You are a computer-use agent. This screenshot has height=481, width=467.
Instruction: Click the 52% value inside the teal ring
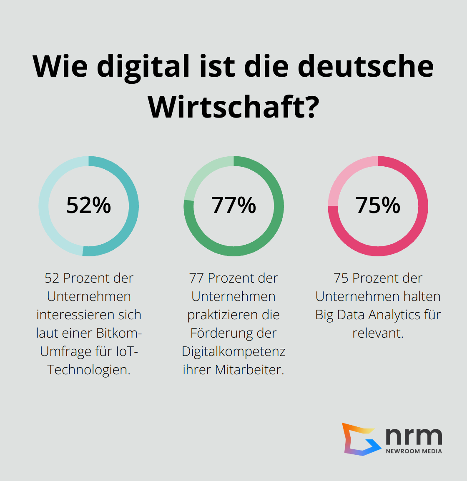coord(88,205)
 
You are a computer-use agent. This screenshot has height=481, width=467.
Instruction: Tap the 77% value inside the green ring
coord(233,205)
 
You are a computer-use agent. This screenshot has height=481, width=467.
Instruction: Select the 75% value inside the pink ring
coord(378,205)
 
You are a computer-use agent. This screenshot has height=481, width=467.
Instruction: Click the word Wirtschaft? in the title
coord(233,107)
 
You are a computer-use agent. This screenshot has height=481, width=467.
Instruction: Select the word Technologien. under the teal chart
coord(89,370)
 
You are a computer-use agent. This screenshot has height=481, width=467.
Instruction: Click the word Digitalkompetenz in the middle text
coord(233,351)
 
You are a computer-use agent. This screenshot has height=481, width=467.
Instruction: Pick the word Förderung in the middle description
coord(221,333)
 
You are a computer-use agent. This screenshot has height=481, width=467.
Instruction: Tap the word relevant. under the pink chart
coord(378,333)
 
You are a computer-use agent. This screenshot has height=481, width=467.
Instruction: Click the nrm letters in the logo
coord(413,436)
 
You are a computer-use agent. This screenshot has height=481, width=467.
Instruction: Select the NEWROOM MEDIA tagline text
coord(414,451)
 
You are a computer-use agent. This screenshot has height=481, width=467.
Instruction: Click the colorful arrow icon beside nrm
coord(360,439)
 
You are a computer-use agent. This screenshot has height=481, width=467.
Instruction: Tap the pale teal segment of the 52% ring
coord(48,221)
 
